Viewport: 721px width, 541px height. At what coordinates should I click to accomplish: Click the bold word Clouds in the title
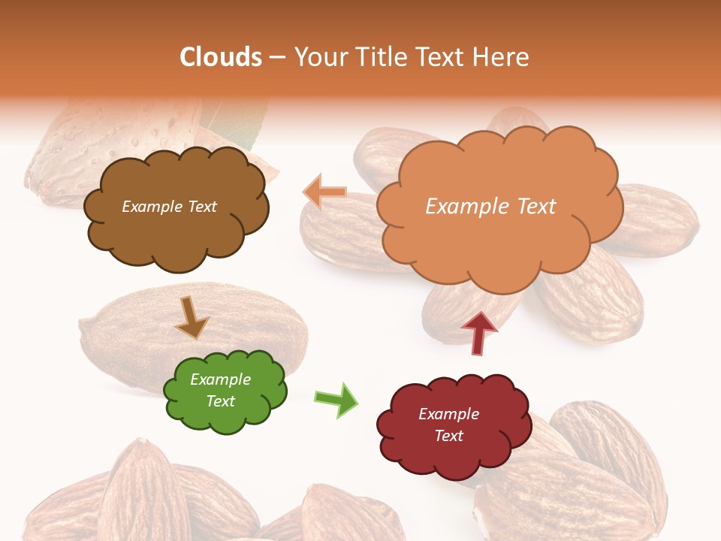click(221, 57)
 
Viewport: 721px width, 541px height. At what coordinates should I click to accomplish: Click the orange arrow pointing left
click(325, 192)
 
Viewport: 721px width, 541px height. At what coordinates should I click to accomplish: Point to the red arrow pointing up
click(479, 331)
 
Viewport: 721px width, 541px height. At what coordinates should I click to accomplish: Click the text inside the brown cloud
click(169, 207)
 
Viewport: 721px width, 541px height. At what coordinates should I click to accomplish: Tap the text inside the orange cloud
click(490, 207)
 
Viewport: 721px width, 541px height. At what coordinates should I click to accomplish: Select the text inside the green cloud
click(221, 390)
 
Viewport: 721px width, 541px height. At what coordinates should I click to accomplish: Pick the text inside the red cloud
click(448, 425)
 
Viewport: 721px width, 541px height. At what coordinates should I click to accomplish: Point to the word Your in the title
click(320, 57)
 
